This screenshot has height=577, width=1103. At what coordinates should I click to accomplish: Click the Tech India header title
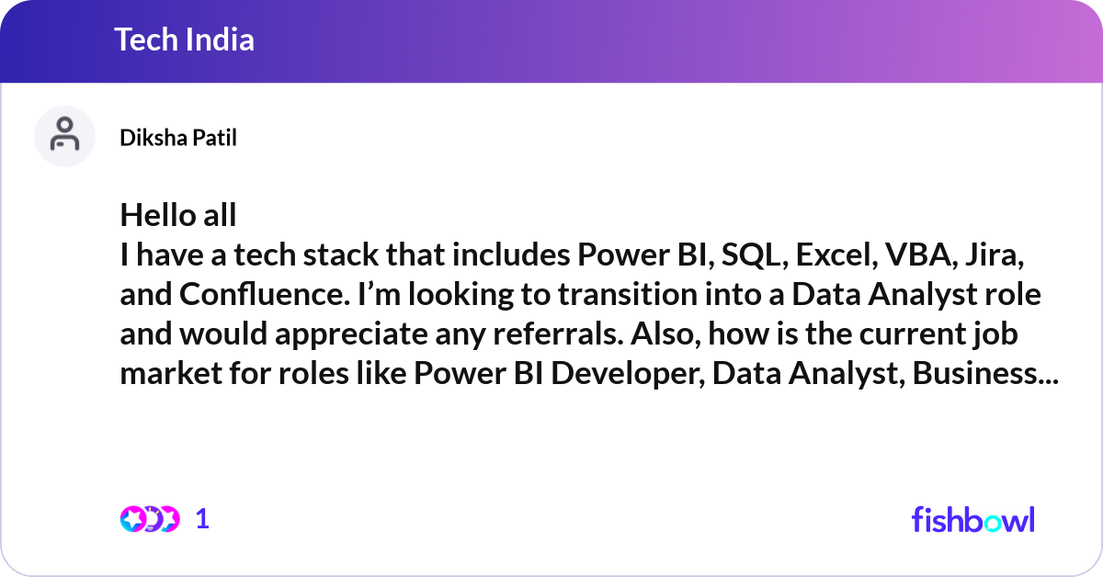pos(184,40)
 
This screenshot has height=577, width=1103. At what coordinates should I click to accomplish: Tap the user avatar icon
pos(64,136)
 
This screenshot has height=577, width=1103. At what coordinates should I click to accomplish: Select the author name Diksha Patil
pos(178,138)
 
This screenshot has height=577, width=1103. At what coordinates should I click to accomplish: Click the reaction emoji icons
pos(150,519)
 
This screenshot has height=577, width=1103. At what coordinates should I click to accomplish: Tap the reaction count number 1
pos(203,519)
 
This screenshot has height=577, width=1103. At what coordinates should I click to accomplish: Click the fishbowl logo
pos(972,519)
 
